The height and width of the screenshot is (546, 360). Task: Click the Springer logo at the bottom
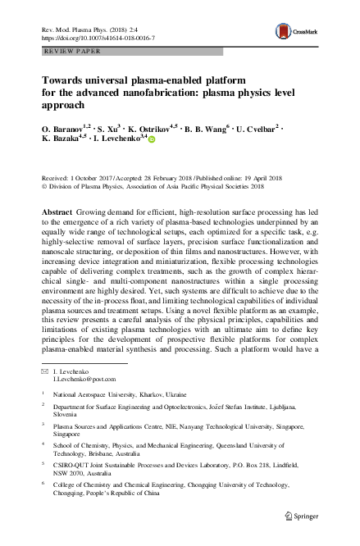click(302, 538)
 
